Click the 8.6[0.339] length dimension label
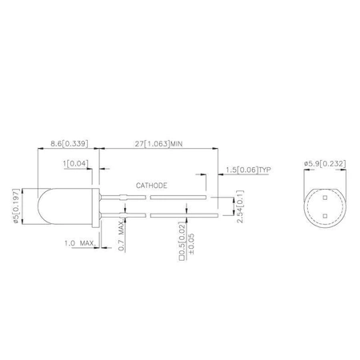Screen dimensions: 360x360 [x=70, y=143]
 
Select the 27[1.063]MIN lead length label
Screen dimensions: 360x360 [x=158, y=144]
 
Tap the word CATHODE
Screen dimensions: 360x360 [x=151, y=186]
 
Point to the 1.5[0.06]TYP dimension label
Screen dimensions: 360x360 [x=249, y=170]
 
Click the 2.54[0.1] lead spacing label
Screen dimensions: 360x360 [x=240, y=206]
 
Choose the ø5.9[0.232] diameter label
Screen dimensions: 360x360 [x=325, y=163]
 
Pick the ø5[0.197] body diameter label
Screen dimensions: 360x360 [x=16, y=206]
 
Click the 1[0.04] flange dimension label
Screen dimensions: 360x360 [x=76, y=163]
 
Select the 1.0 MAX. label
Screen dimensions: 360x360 [x=80, y=243]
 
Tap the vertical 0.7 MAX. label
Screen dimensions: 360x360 [x=122, y=235]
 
